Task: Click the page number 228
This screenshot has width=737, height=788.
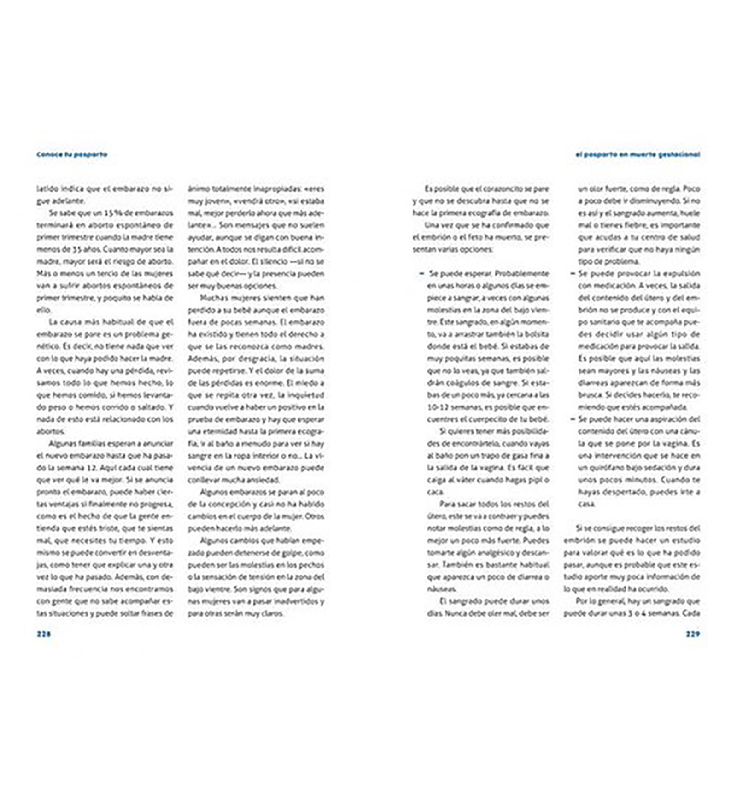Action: pos(44,634)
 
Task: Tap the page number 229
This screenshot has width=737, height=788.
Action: pos(693,634)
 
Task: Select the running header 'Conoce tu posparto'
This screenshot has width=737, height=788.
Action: pos(72,154)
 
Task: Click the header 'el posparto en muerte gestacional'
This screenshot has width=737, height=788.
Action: pos(638,154)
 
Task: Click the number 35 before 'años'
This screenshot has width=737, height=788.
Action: pos(78,249)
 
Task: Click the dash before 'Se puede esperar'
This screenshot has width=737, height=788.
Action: pos(421,273)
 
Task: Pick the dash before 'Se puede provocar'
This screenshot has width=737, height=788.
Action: pos(573,273)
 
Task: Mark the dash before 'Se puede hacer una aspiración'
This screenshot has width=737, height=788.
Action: pos(573,419)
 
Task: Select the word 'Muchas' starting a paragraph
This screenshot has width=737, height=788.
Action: pos(214,298)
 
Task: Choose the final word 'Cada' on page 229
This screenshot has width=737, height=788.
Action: pos(691,613)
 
